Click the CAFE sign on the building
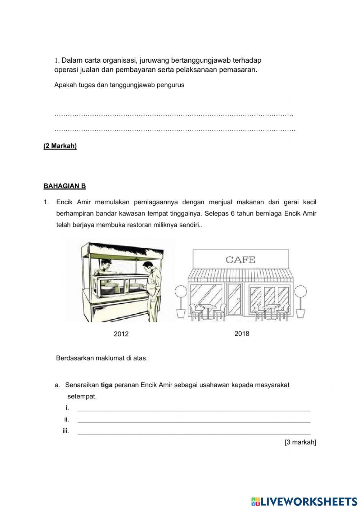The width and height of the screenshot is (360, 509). (240, 259)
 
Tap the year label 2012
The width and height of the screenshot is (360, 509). (121, 334)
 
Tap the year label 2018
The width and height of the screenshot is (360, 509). (242, 334)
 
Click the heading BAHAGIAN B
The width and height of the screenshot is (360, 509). (64, 186)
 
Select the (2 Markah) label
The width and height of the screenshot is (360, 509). (60, 146)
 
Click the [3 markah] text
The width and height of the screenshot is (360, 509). (300, 442)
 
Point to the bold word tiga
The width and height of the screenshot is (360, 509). (107, 385)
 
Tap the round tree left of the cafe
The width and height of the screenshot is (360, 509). (181, 292)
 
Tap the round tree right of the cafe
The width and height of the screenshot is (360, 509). (301, 292)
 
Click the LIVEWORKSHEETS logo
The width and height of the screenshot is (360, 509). (304, 501)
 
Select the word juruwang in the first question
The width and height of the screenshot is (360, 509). (154, 60)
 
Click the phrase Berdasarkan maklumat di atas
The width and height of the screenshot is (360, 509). (102, 358)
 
